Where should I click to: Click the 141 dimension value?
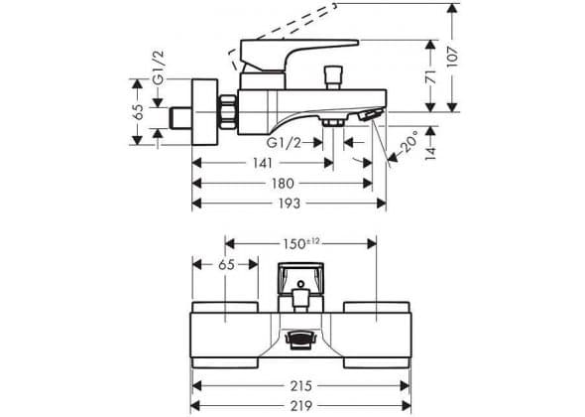[x=263, y=163]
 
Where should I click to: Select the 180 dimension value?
[x=283, y=184]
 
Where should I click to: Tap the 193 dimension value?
[x=290, y=204]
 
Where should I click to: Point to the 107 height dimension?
[x=452, y=57]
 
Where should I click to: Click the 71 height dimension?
[x=431, y=76]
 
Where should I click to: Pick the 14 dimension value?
[x=431, y=153]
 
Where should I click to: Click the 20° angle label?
[x=409, y=141]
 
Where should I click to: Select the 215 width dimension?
[x=300, y=386]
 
